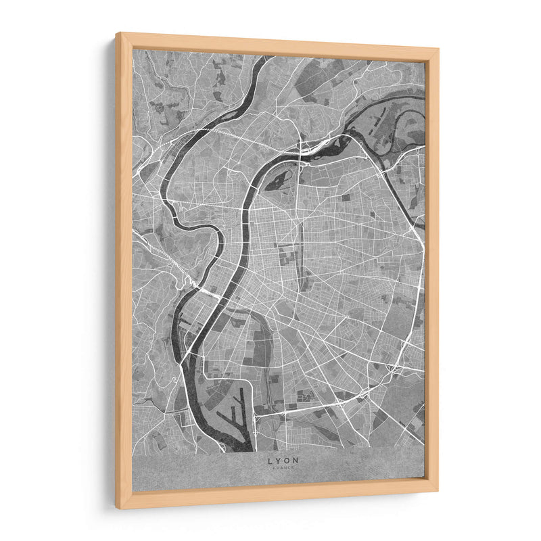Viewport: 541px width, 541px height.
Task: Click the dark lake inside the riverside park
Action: [279, 180]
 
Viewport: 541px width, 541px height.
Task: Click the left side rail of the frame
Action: [124, 270]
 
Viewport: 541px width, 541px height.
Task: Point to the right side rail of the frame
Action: [431, 270]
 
